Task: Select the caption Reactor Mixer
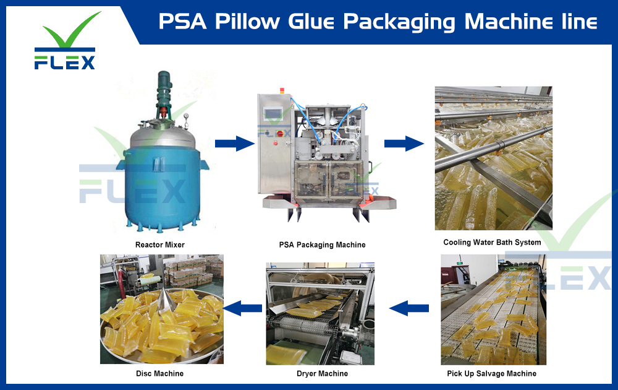point(159,245)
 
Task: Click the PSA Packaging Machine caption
point(322,245)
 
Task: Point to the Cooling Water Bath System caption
point(492,242)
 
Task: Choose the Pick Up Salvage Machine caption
point(491,373)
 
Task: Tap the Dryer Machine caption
point(322,373)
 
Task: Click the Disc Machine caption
point(159,373)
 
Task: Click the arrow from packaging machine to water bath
point(404,144)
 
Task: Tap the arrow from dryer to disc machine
point(242,306)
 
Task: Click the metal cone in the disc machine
point(165,301)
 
